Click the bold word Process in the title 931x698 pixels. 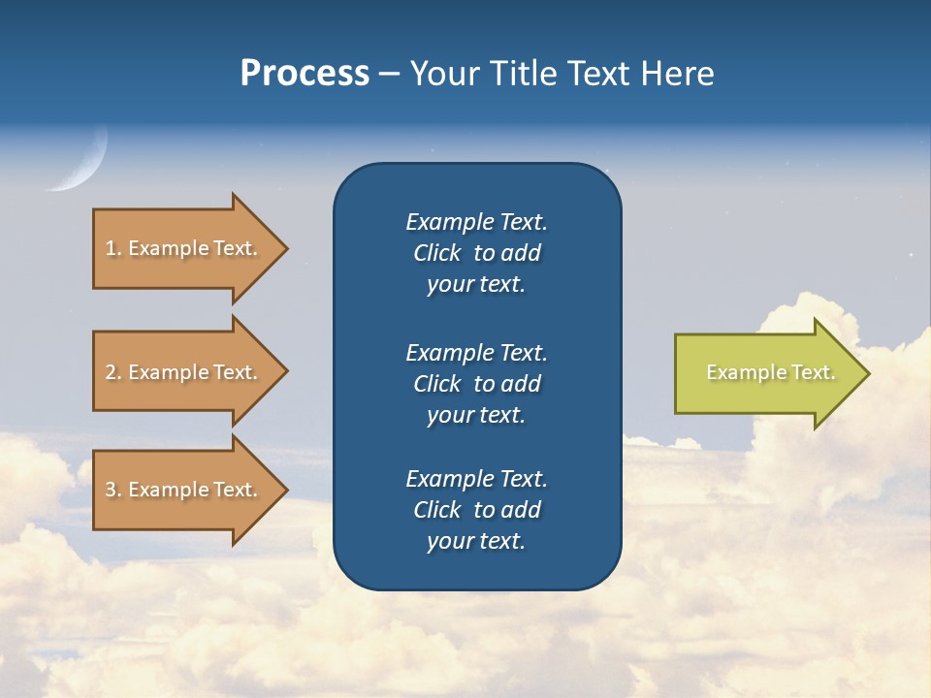pyautogui.click(x=305, y=74)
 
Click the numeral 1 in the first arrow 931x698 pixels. pyautogui.click(x=110, y=248)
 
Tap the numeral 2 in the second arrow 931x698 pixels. pyautogui.click(x=111, y=372)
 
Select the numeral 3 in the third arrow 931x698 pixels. pyautogui.click(x=111, y=490)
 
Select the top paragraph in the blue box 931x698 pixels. pyautogui.click(x=476, y=253)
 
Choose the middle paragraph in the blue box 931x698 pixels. pyautogui.click(x=476, y=384)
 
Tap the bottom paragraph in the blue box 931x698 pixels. pyautogui.click(x=476, y=510)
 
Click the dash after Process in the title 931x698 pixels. pyautogui.click(x=389, y=74)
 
